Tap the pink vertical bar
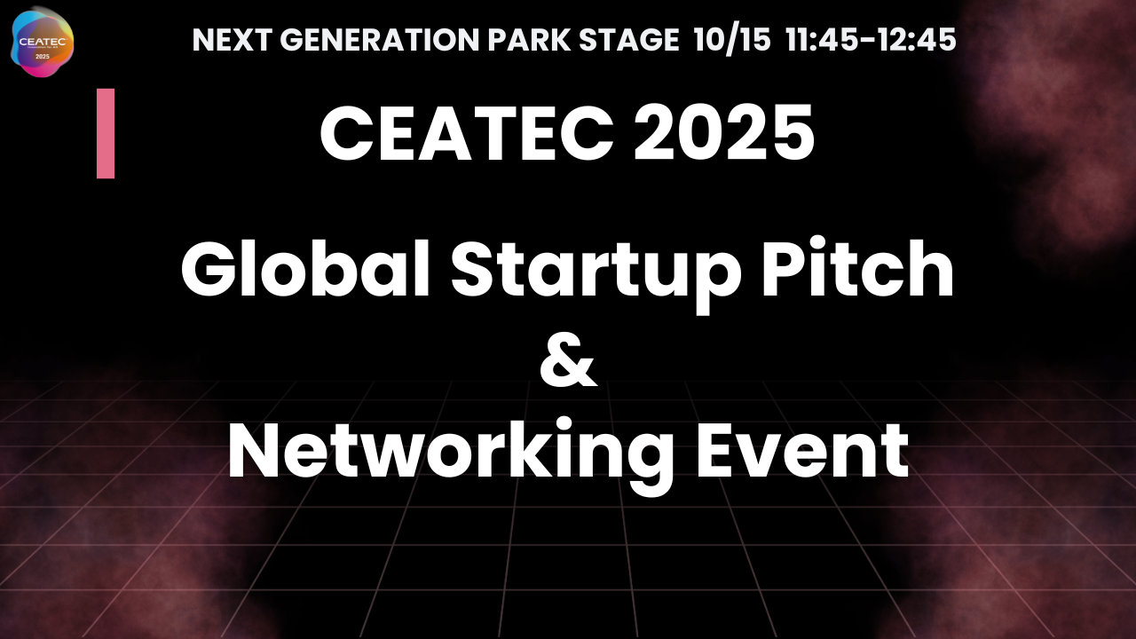tap(106, 133)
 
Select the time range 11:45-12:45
tap(871, 40)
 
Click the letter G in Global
tap(206, 270)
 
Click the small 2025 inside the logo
tap(41, 55)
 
